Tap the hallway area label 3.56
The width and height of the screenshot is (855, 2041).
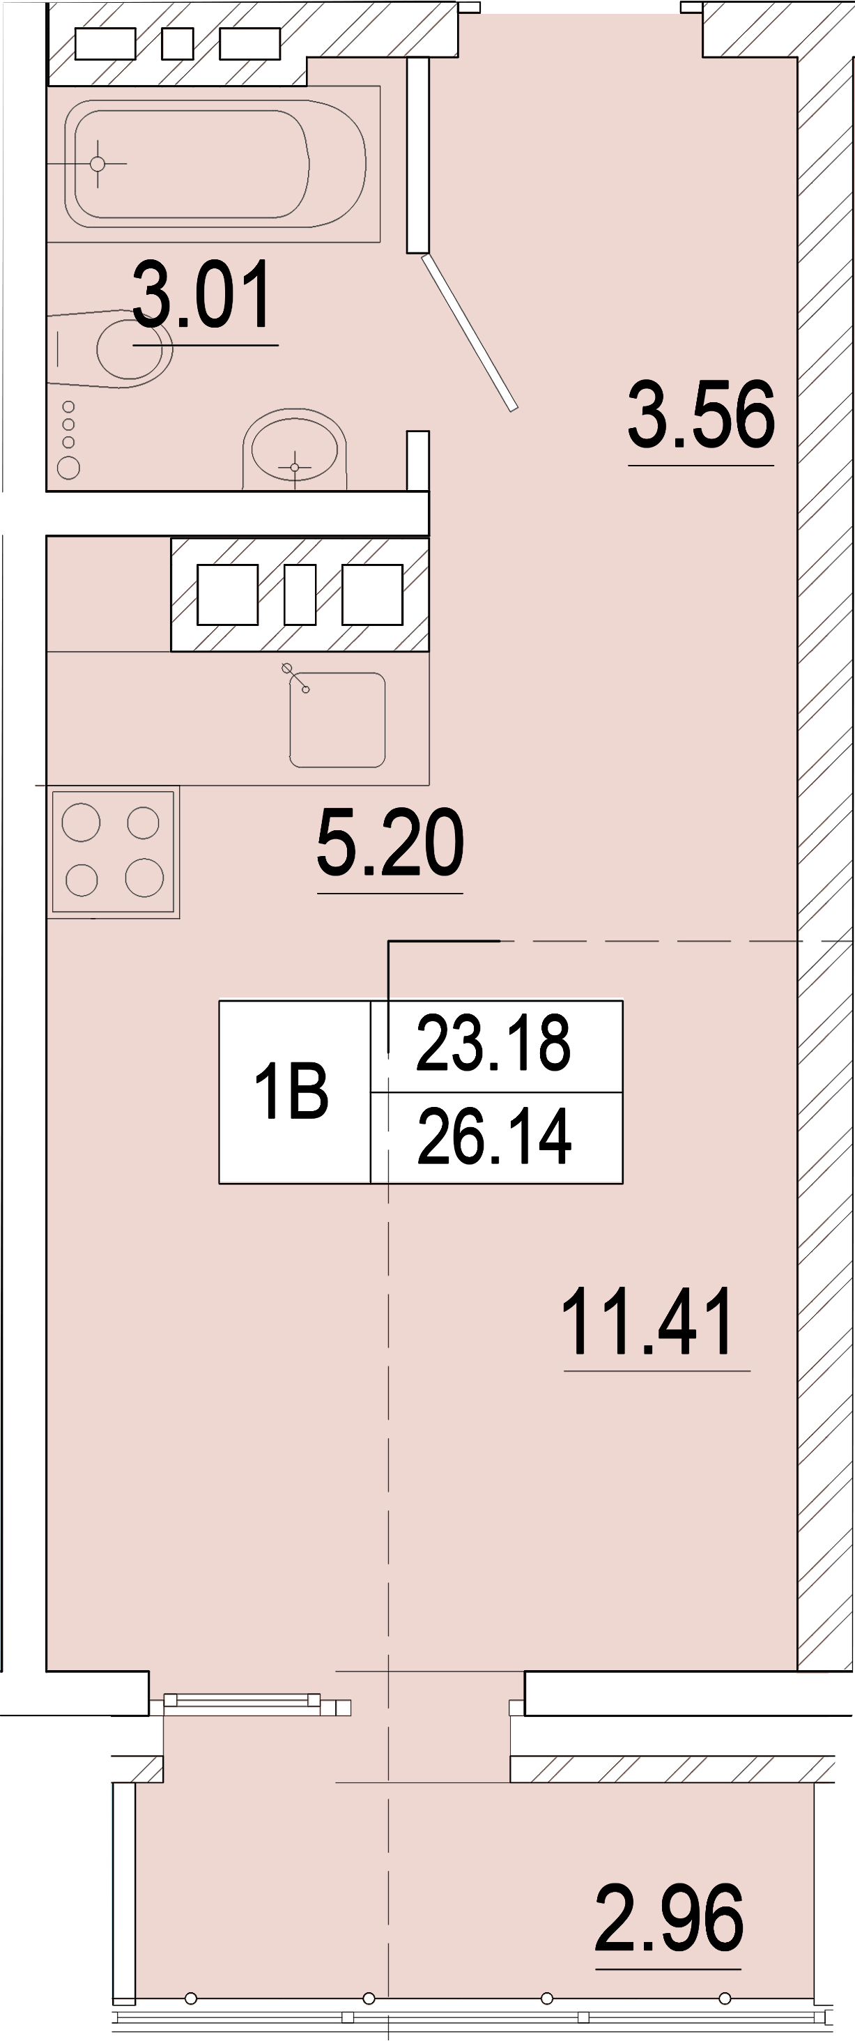(700, 414)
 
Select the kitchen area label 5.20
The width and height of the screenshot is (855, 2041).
(390, 842)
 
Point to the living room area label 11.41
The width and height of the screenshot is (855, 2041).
(647, 1321)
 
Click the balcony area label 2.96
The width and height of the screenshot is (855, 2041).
(669, 1919)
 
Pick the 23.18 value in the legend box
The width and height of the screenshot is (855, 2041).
(493, 1043)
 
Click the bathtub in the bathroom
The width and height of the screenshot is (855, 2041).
(214, 164)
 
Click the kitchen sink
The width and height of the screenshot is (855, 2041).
(337, 720)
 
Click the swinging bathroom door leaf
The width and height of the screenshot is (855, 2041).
(469, 332)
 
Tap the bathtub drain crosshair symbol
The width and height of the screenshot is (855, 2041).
(98, 164)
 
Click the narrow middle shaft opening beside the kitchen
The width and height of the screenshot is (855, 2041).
(300, 594)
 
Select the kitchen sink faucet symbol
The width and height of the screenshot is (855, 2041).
(295, 678)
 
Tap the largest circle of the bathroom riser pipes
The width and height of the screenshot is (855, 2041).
(69, 468)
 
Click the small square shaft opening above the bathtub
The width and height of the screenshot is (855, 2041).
(178, 45)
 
